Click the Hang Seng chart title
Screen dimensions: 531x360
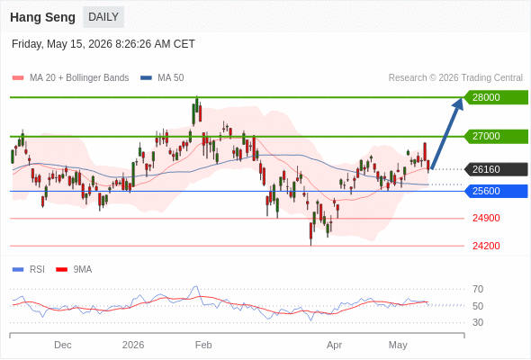tap(42, 17)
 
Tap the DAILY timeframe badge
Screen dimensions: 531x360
tap(103, 17)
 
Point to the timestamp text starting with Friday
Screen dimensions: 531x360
tap(103, 44)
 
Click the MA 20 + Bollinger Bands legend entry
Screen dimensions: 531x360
tap(70, 78)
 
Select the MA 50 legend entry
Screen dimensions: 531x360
tap(162, 78)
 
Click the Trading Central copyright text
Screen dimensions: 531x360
tap(455, 78)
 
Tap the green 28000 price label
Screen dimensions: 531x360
tap(496, 97)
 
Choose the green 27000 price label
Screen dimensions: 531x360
tap(496, 136)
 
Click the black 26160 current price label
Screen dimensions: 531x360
tap(496, 169)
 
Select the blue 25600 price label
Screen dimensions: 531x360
tap(496, 191)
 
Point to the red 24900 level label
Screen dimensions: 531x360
tap(486, 218)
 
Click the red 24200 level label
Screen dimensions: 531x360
tap(486, 246)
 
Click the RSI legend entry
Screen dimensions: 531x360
tap(29, 270)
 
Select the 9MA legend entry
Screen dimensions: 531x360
tap(74, 270)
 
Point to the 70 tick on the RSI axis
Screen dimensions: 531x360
tap(478, 289)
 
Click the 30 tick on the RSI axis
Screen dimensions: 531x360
tap(478, 322)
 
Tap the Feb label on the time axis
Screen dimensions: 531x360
tap(203, 345)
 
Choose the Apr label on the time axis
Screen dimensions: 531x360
tap(334, 345)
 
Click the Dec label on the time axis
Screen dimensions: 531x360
tap(63, 345)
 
